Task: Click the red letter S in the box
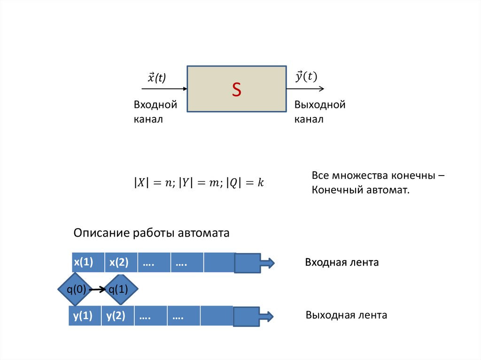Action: click(236, 90)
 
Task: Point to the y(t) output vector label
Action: click(306, 77)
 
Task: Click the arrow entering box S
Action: click(164, 88)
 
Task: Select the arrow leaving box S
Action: click(305, 88)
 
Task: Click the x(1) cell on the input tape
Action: click(83, 263)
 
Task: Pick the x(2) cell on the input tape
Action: click(119, 263)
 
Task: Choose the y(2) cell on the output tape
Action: click(116, 316)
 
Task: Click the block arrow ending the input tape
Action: click(254, 263)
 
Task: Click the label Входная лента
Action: click(342, 262)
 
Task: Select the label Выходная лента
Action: click(346, 315)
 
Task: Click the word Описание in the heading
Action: click(101, 233)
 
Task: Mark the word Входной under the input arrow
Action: click(155, 105)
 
